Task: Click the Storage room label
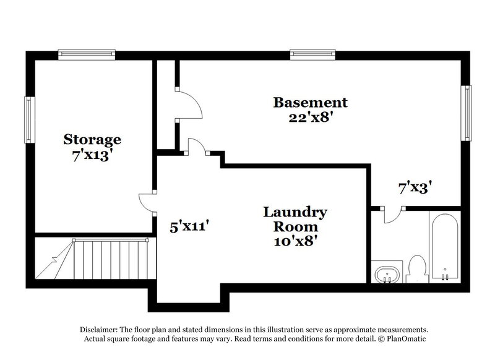pos(92,139)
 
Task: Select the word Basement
pos(311,102)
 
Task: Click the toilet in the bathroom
pos(417,268)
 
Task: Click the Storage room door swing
pos(146,203)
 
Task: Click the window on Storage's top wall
pos(87,54)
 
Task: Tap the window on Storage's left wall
pos(28,118)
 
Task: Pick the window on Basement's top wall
pos(312,54)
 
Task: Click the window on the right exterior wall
pos(467,113)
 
